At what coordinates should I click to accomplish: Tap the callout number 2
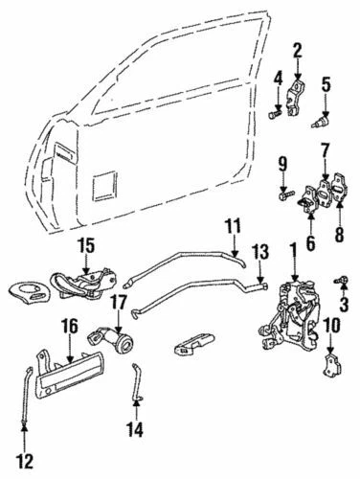click(298, 50)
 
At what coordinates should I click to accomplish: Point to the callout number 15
click(85, 246)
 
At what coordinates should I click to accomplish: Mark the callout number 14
click(137, 429)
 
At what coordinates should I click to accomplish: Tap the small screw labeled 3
click(339, 280)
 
